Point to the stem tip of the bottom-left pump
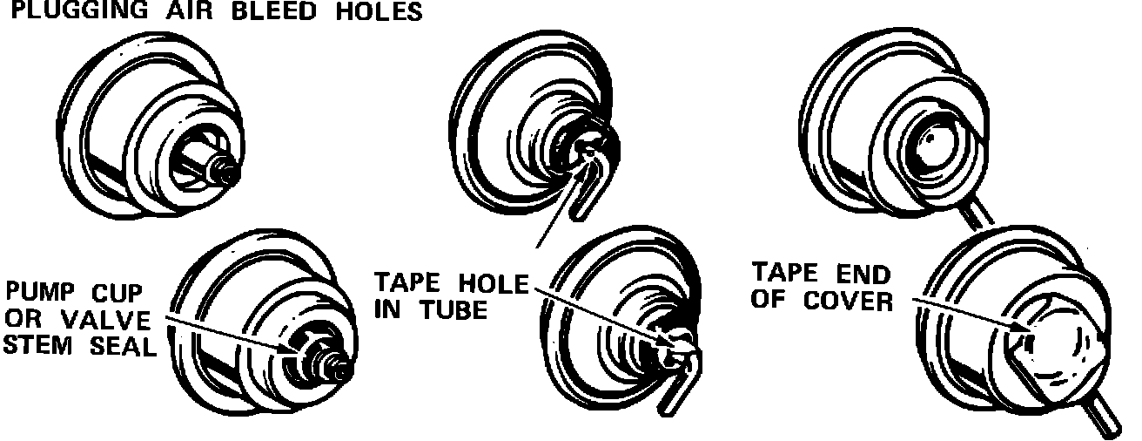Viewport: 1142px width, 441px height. (342, 370)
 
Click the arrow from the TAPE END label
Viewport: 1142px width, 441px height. (966, 314)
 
